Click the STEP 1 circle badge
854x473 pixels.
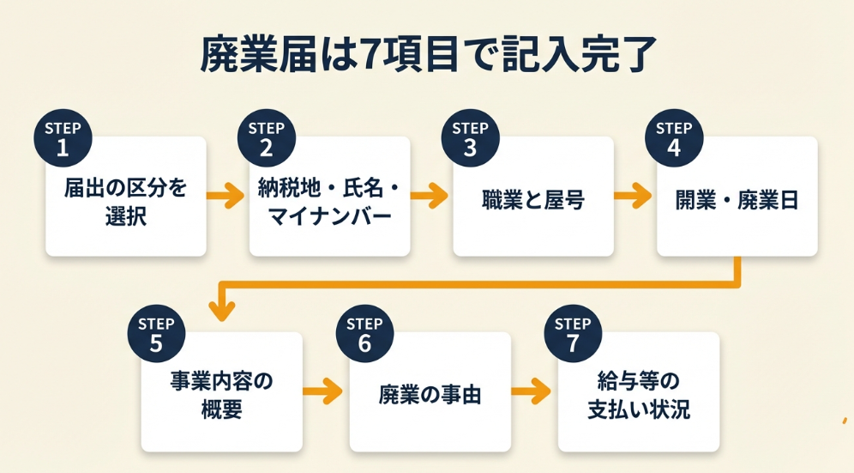[62, 138]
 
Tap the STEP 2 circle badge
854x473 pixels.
[266, 138]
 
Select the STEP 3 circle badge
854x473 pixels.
[470, 138]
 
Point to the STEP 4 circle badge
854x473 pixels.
[674, 138]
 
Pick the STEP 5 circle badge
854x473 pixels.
[156, 334]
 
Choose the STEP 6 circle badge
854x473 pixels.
[364, 334]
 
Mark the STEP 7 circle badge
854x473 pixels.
[572, 334]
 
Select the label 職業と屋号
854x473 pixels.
[532, 201]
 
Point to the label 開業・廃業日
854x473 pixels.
[737, 201]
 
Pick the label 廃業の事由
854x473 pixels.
[430, 396]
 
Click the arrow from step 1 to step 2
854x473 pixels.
[227, 197]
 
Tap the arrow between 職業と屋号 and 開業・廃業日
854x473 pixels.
[634, 197]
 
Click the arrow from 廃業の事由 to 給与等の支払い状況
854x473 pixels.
[532, 392]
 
